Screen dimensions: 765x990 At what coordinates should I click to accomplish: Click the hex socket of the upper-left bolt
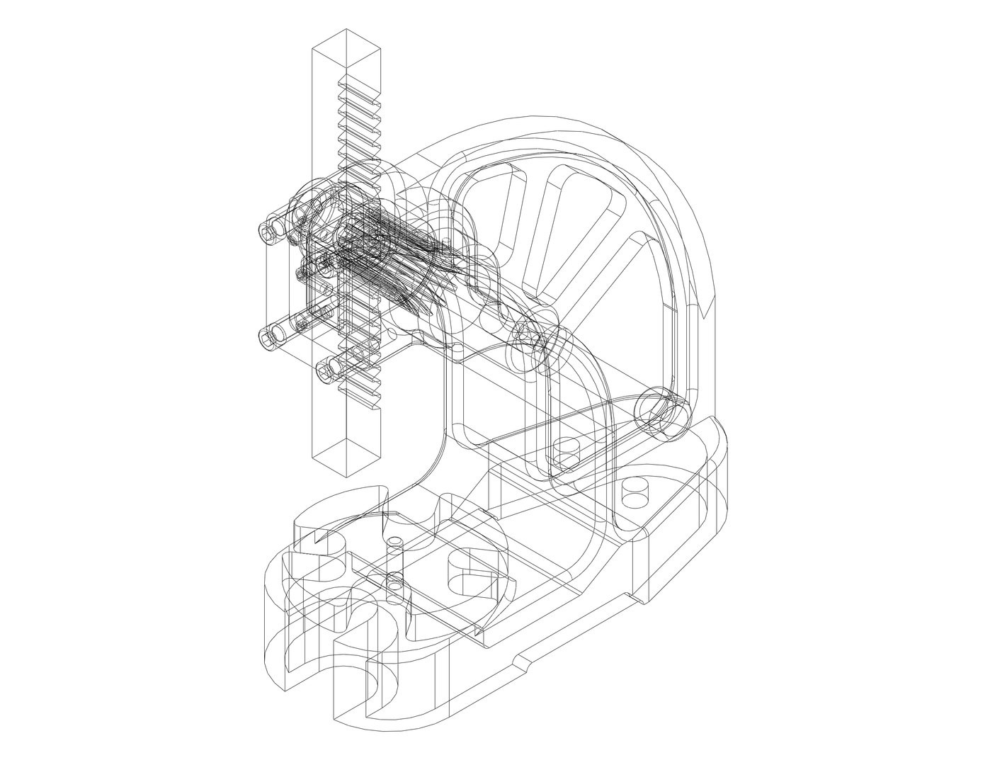pos(268,232)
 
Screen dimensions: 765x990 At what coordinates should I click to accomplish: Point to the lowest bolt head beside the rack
pos(325,370)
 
